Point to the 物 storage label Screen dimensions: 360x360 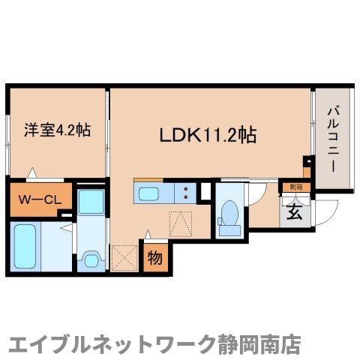[154, 258]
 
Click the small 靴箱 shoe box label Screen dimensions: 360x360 [292, 187]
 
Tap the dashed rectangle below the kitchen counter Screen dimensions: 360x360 [180, 223]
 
